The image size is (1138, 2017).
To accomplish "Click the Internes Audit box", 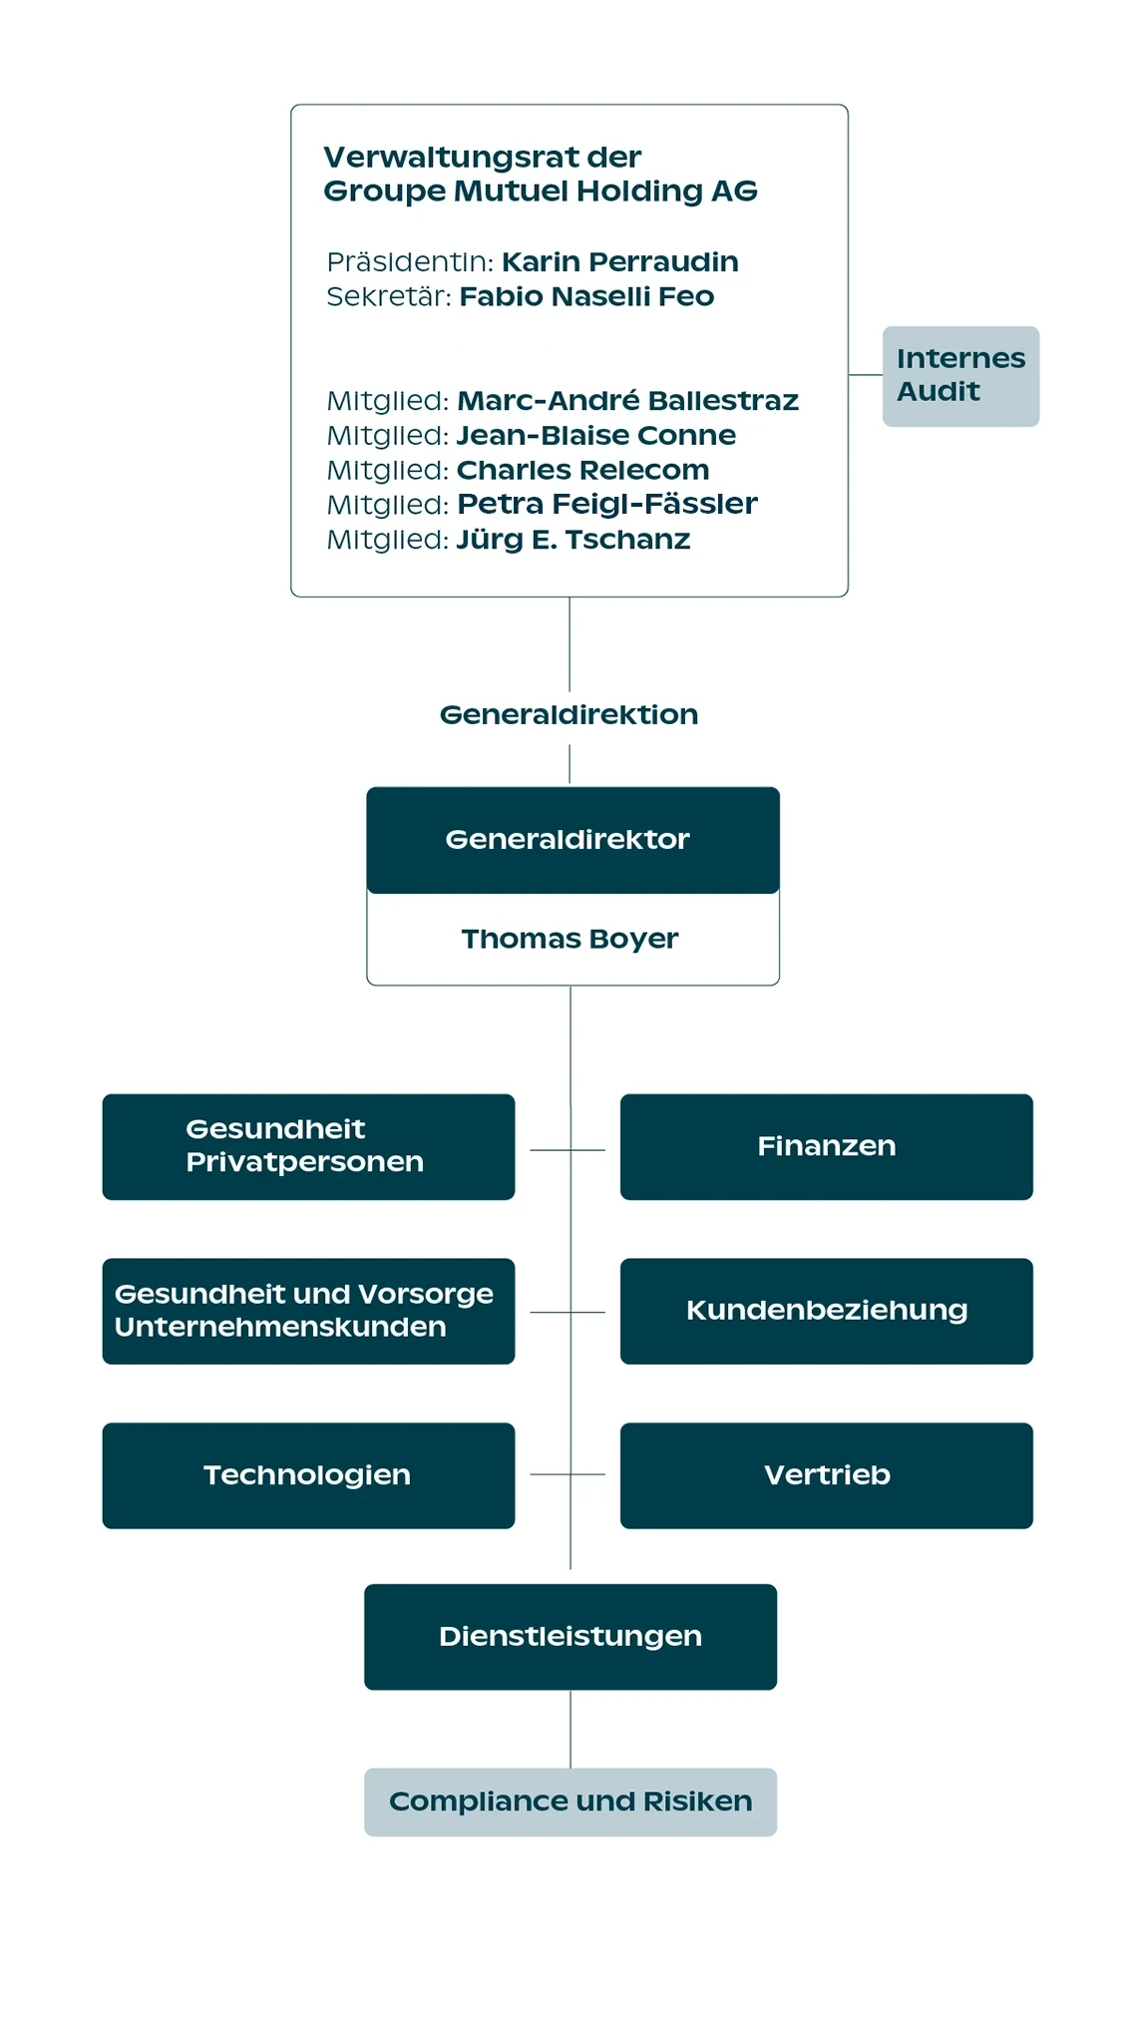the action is coord(960,376).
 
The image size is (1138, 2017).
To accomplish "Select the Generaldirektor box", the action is coord(572,840).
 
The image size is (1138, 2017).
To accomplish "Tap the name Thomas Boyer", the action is coord(569,939).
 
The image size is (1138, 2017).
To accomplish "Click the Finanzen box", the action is coord(826,1146).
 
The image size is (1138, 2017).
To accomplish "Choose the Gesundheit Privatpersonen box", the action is coord(308,1146).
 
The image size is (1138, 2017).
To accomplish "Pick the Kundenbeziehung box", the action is coord(826,1311).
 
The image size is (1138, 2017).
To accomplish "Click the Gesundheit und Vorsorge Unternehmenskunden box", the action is coord(308,1311).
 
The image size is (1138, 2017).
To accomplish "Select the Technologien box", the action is coord(308,1475).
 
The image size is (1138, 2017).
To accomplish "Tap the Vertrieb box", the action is coord(826,1475).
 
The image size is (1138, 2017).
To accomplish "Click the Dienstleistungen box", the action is coord(570,1637).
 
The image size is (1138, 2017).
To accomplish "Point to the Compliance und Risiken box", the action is coord(570,1802).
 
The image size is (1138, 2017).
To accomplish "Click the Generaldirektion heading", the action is coord(569,714).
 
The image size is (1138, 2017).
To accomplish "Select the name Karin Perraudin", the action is coord(619,261).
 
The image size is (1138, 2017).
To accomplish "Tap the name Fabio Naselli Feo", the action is coord(586,296).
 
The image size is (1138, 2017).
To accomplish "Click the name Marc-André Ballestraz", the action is coord(627,400).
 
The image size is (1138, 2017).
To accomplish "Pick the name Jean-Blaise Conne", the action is coord(595,435).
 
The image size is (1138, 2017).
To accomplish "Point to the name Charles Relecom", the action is coord(582,470).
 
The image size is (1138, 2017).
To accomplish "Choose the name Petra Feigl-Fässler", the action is coord(606,504).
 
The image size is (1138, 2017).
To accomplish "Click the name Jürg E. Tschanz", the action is coord(572,540).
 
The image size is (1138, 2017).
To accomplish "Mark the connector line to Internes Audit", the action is coord(866,375).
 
